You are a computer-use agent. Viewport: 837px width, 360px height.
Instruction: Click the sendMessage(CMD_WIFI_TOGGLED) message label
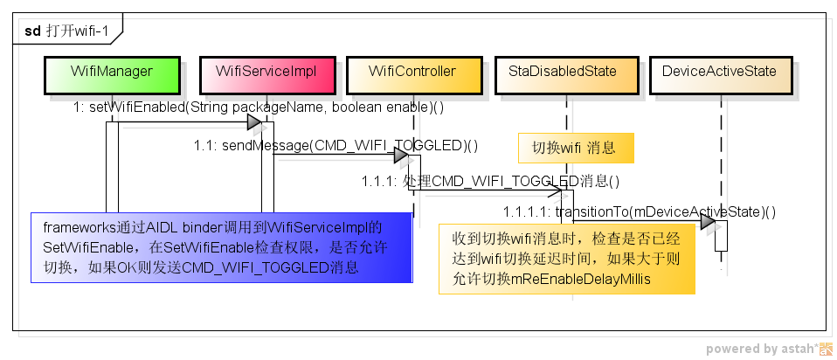coord(335,145)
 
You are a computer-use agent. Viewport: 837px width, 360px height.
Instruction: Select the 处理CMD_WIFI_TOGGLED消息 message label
coord(490,182)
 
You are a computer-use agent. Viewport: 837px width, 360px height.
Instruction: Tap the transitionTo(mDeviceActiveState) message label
coord(639,211)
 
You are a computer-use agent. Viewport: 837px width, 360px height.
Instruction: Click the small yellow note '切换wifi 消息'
coord(575,148)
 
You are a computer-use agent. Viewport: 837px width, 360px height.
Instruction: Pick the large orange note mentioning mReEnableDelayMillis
coord(566,259)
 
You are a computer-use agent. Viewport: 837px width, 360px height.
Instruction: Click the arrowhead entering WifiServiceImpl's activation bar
coord(252,121)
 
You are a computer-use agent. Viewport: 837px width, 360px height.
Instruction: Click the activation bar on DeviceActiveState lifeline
coord(721,236)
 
